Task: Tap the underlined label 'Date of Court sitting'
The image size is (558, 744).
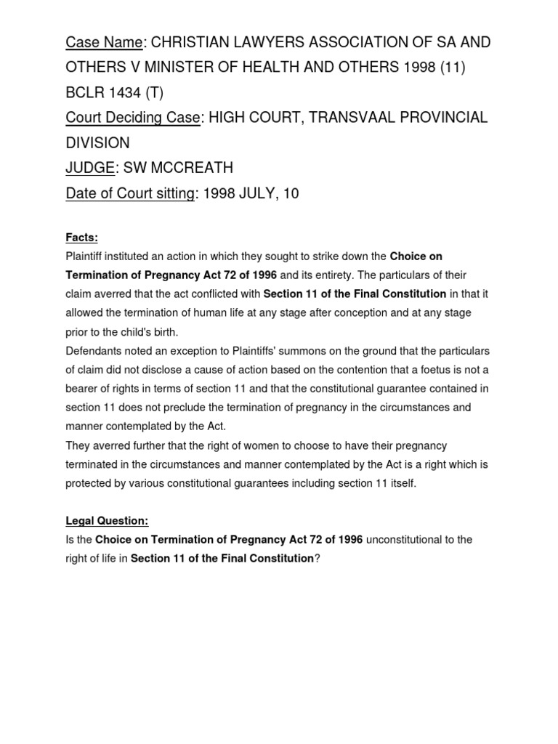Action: tap(130, 193)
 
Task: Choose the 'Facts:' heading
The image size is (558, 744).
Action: tap(81, 238)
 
